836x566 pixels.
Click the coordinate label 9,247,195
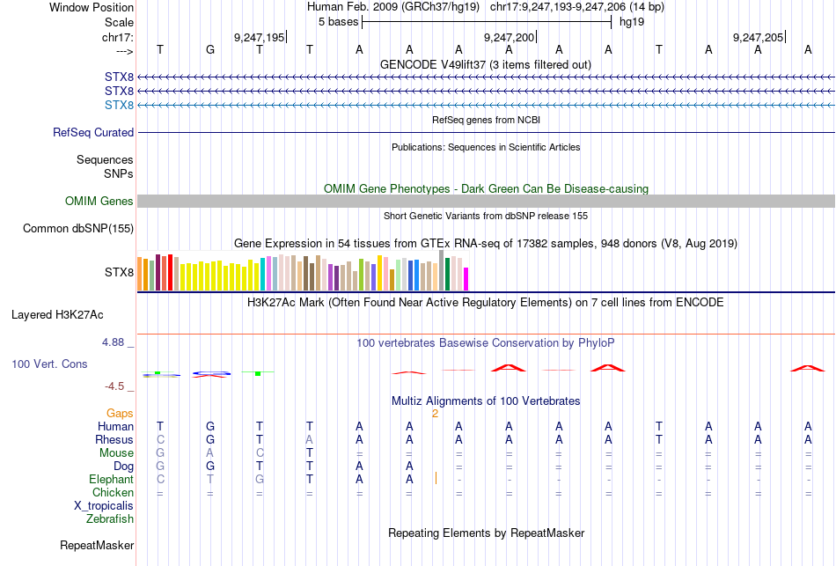259,37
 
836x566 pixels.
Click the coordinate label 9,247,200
510,37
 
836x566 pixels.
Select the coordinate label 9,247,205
758,37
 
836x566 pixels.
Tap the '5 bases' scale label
338,21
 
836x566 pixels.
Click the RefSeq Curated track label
93,133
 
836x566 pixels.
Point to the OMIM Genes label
99,202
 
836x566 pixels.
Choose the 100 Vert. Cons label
49,364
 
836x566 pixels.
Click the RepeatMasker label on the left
97,546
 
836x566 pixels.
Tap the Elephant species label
111,480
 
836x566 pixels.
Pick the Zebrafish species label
110,519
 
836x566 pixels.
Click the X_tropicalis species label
104,506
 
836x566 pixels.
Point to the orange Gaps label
120,413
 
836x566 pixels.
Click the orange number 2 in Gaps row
435,413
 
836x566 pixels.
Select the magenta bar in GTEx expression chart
466,278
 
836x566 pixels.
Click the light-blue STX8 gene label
119,106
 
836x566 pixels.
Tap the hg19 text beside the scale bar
631,21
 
